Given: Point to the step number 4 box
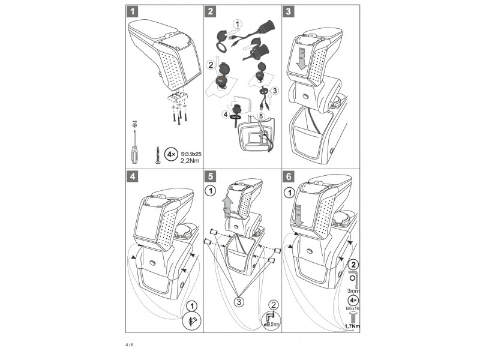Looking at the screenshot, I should (x=132, y=176).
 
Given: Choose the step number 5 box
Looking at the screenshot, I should (x=210, y=176).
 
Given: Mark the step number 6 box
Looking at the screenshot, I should (x=289, y=176).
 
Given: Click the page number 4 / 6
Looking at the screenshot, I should (x=130, y=346).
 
